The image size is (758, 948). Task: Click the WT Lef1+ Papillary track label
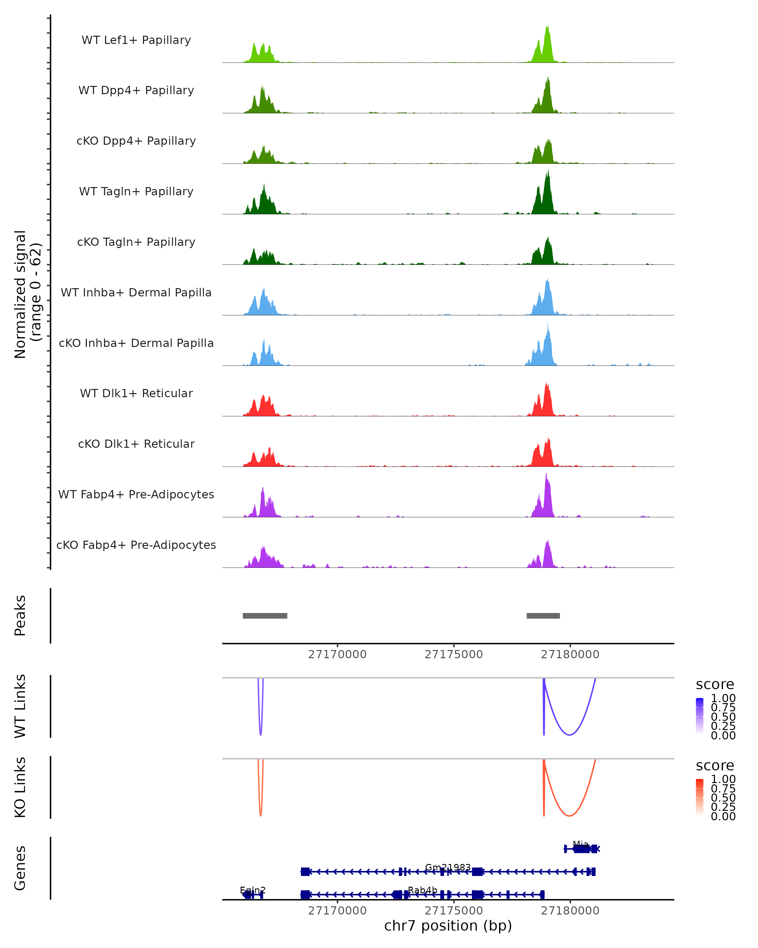click(136, 40)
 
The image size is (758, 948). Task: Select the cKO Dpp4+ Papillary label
click(136, 141)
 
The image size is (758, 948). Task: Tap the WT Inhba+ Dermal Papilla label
click(136, 293)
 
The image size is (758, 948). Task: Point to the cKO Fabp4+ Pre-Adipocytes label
click(136, 545)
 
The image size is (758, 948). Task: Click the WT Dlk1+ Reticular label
click(136, 393)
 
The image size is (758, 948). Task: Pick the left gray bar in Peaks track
click(265, 616)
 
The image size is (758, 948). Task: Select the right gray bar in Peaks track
click(543, 616)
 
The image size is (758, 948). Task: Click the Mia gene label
click(581, 845)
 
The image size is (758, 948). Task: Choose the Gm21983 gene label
click(448, 867)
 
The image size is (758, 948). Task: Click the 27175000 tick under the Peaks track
click(454, 654)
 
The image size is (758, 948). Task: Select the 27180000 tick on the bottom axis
click(570, 911)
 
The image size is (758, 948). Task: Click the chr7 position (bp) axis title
click(448, 926)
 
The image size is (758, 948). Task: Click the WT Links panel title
click(20, 706)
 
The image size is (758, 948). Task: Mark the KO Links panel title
click(20, 787)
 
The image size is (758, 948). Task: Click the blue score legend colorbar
click(700, 717)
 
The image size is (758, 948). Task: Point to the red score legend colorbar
click(700, 798)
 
